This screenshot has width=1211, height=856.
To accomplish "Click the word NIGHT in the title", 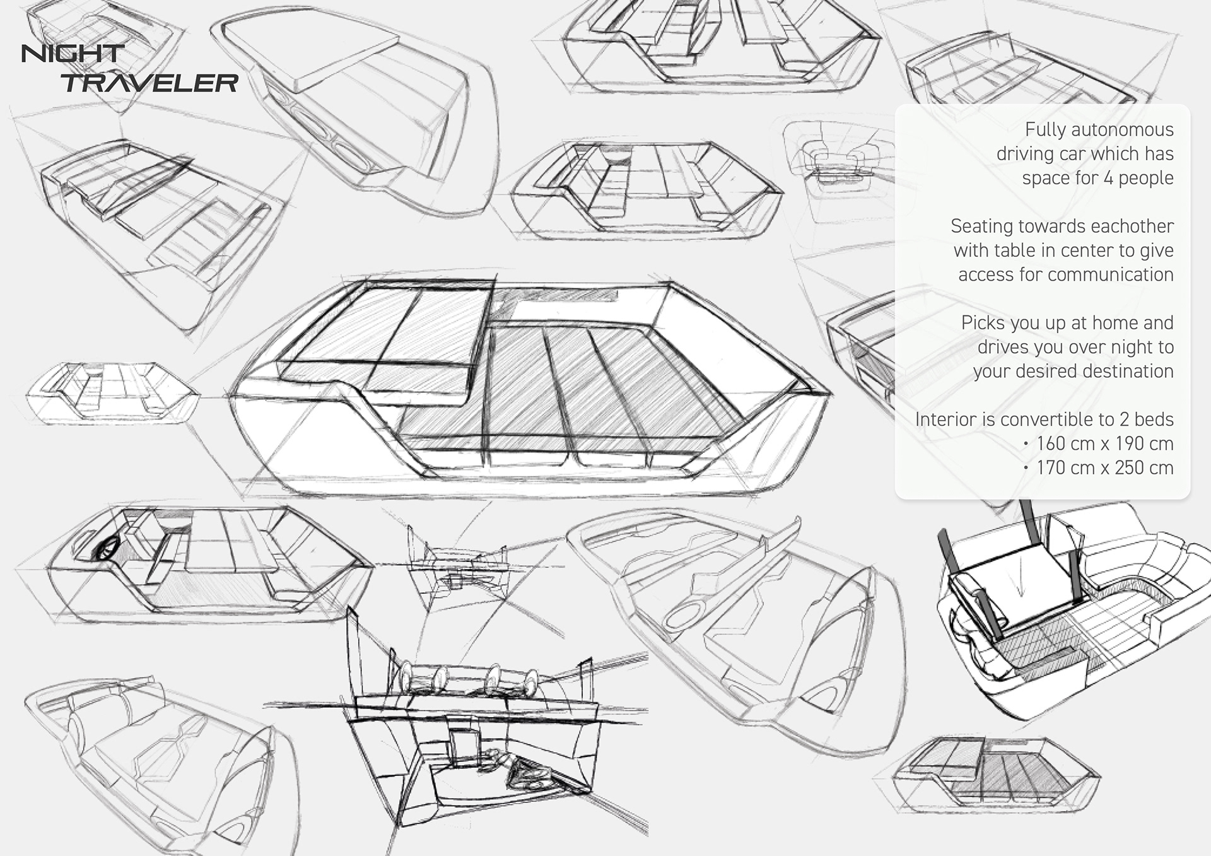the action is (x=73, y=54).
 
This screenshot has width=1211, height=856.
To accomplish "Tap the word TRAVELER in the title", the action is (x=150, y=83).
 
